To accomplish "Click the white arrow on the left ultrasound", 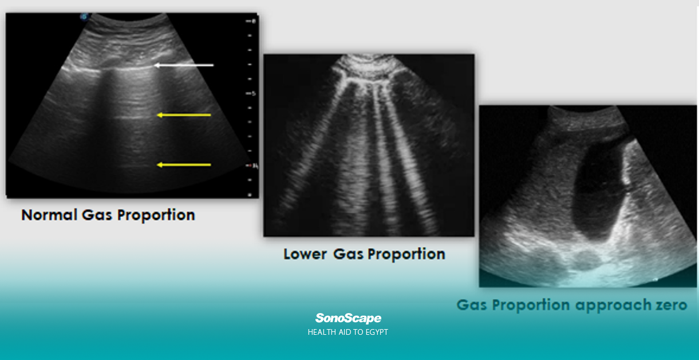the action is (x=184, y=65).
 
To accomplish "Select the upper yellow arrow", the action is (x=184, y=115).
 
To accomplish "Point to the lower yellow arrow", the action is (x=184, y=165).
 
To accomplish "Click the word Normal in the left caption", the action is (x=49, y=215).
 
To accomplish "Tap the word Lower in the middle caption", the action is (x=305, y=254).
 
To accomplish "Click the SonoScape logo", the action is (x=348, y=319).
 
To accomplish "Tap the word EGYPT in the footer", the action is (x=377, y=332).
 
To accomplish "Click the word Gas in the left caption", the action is (x=97, y=215).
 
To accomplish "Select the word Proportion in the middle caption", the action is (x=406, y=255).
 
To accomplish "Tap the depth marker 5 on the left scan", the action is (x=254, y=93).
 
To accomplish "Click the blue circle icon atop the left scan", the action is (x=84, y=17).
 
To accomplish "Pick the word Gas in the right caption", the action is (x=472, y=305).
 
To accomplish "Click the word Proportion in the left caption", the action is (x=156, y=215).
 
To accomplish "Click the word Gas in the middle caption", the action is (x=348, y=254).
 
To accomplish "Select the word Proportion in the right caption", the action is (x=531, y=306).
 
